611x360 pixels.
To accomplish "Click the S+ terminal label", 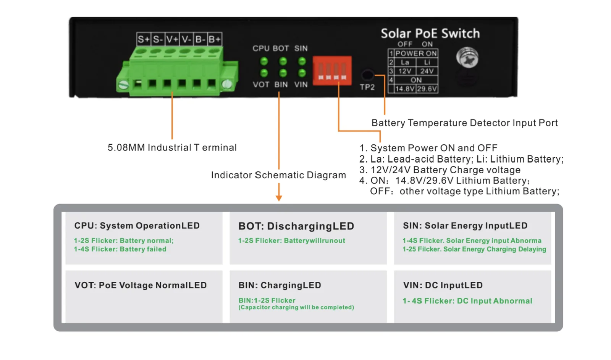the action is tap(144, 39).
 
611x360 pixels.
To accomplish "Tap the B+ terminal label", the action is tap(215, 39).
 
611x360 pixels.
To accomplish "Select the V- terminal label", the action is tap(186, 39).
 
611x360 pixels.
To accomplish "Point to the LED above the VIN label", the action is tap(302, 73).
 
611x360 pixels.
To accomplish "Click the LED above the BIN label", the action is tap(283, 73).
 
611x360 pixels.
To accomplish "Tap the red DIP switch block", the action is tap(332, 71).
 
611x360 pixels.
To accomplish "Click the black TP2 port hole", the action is tap(367, 74).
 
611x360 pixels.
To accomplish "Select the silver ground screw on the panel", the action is tap(467, 58).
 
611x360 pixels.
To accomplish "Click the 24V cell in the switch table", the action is tap(427, 71).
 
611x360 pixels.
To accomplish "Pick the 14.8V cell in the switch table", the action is tap(405, 89).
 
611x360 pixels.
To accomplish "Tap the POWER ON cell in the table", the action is tap(416, 53).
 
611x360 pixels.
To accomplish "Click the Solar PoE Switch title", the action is tap(430, 33).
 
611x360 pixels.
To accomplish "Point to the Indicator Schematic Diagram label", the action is tap(278, 175).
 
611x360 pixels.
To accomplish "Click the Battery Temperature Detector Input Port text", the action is tap(464, 123).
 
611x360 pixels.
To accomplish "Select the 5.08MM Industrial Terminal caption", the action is tap(172, 147).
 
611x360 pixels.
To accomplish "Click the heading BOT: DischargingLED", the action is tap(296, 226).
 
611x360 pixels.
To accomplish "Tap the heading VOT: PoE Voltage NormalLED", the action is tap(141, 285).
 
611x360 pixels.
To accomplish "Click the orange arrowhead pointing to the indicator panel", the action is tap(279, 198).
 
